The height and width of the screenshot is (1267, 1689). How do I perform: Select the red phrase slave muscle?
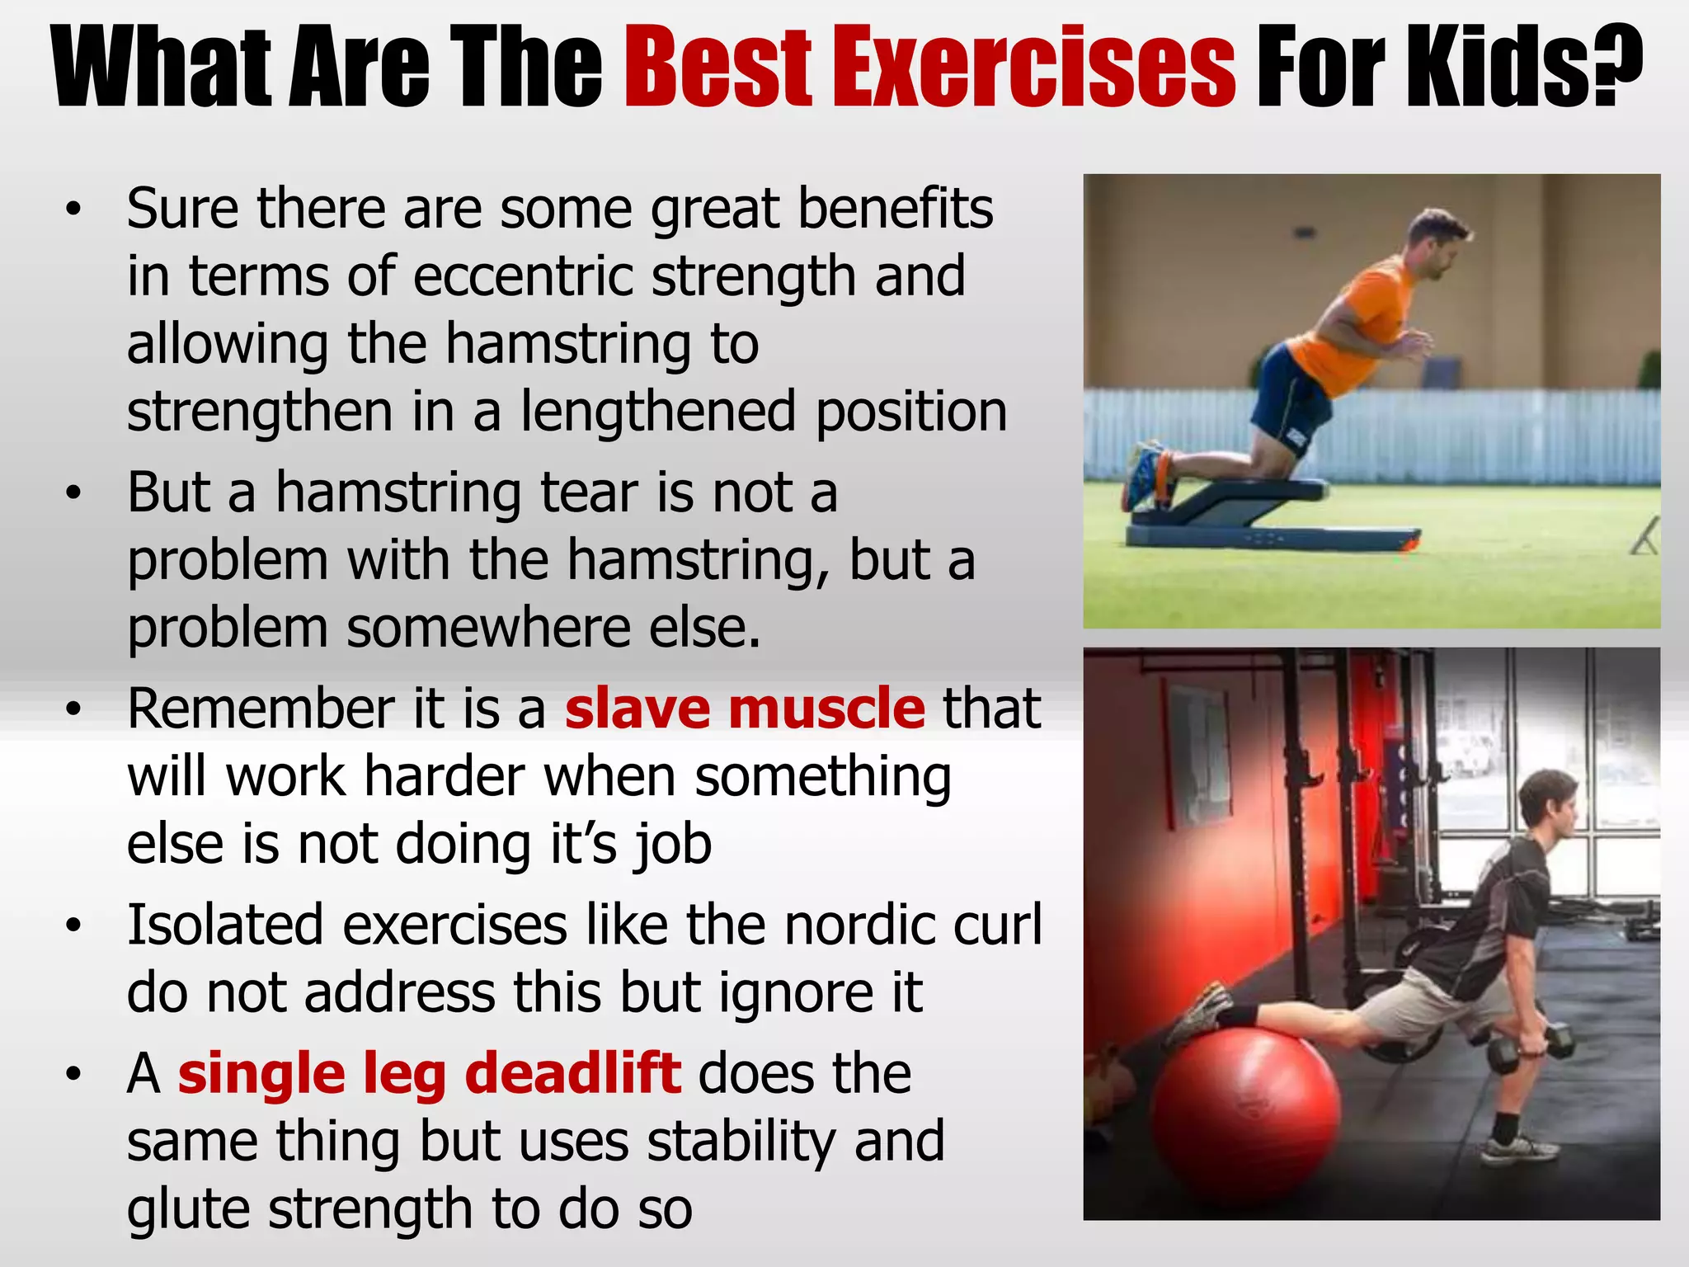coord(745,709)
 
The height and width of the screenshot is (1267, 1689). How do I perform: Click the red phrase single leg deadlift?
coord(430,1074)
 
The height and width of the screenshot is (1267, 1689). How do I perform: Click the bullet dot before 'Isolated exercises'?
coord(74,926)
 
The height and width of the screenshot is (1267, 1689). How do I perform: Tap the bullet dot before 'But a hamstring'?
coord(74,493)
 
